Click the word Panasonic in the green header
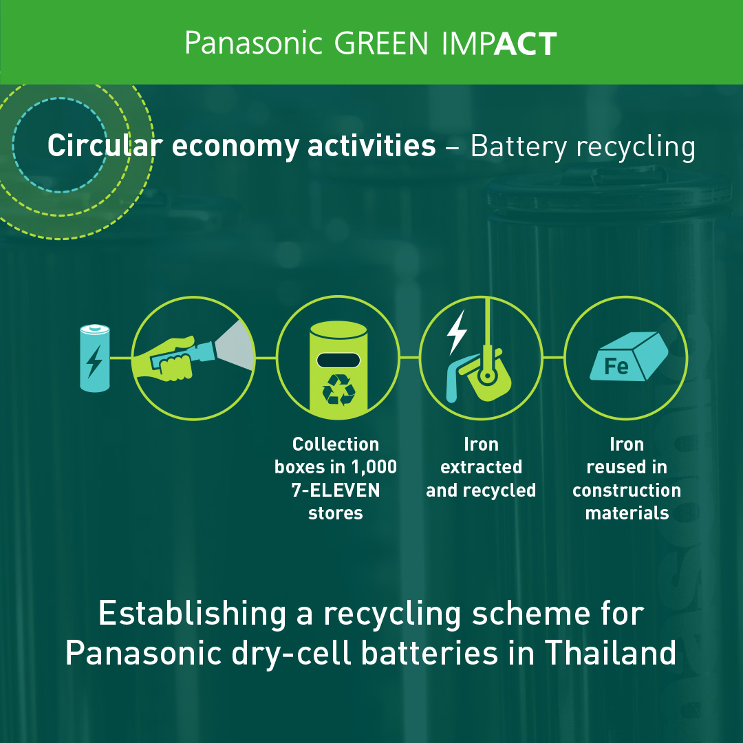(x=253, y=43)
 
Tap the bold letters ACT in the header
(x=525, y=43)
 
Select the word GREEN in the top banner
(x=381, y=43)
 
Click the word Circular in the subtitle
(x=105, y=145)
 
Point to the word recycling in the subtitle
(x=636, y=147)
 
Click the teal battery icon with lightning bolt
(x=95, y=358)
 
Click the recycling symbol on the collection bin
(x=338, y=389)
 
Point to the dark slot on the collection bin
(x=338, y=360)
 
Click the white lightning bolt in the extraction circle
(x=457, y=332)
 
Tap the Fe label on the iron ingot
(x=616, y=366)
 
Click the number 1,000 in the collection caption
(x=374, y=467)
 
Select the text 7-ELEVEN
(x=336, y=490)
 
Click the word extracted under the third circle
(x=481, y=467)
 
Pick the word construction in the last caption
(x=627, y=491)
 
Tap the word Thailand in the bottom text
(x=610, y=652)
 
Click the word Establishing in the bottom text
(x=192, y=615)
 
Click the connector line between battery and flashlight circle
(x=121, y=358)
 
